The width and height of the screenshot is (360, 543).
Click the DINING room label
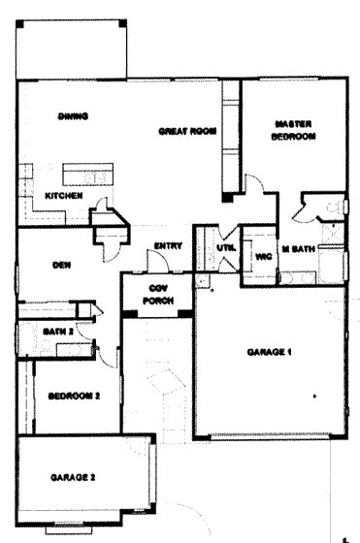pyautogui.click(x=74, y=116)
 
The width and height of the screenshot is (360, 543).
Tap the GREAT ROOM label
pyautogui.click(x=185, y=130)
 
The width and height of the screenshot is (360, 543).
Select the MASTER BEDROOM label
pyautogui.click(x=293, y=130)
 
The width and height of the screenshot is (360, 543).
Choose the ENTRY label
pyautogui.click(x=167, y=247)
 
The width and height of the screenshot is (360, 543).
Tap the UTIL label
pyautogui.click(x=226, y=248)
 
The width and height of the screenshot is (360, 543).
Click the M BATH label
pyautogui.click(x=297, y=249)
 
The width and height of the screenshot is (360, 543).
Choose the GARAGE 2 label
pyautogui.click(x=72, y=477)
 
